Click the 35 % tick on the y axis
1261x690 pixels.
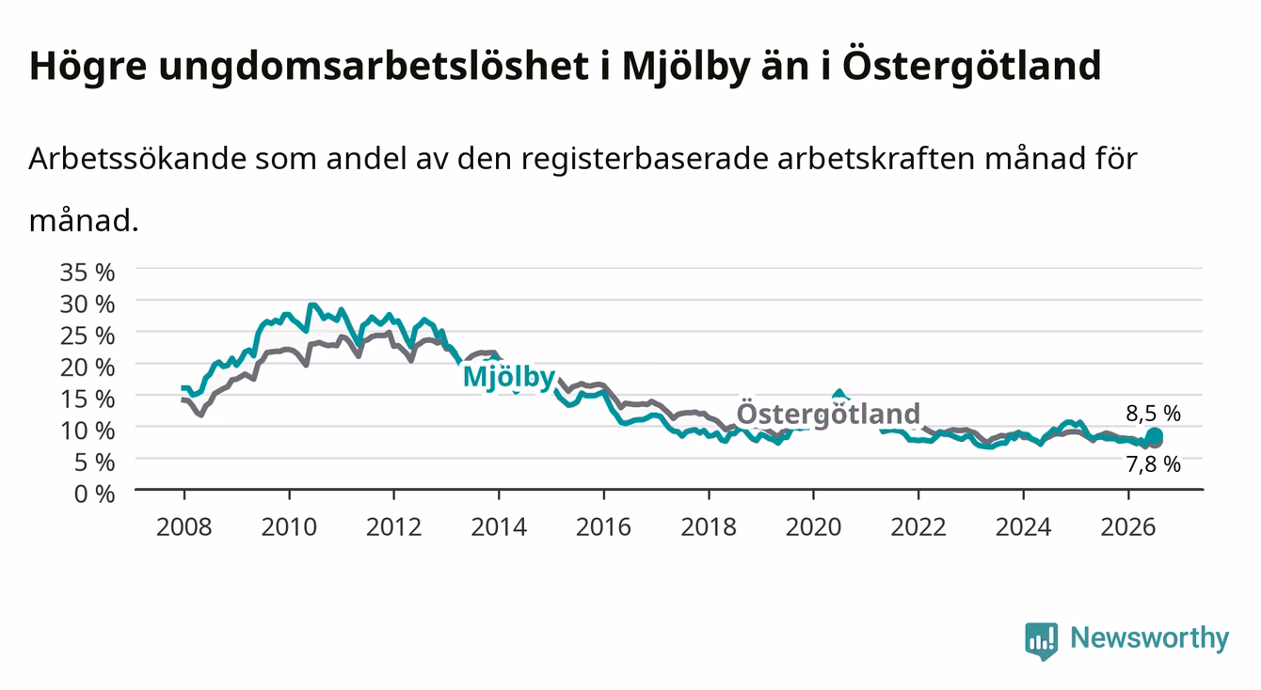(x=88, y=273)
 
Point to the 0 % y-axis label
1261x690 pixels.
(x=94, y=494)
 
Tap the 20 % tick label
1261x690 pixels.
(x=88, y=368)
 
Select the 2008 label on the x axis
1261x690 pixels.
(x=184, y=527)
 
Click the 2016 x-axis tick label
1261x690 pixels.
(x=603, y=527)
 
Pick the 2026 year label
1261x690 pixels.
(x=1128, y=527)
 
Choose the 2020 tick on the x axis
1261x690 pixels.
(x=813, y=527)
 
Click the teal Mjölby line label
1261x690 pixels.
(x=509, y=377)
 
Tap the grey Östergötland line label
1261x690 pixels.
(x=828, y=414)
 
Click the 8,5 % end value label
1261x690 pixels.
(x=1153, y=414)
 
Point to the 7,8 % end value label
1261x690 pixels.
(x=1153, y=464)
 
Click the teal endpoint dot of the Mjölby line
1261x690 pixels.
(x=1155, y=436)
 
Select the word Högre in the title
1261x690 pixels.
(x=88, y=67)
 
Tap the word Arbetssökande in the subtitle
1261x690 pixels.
(x=137, y=159)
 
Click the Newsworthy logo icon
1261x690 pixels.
(x=1042, y=641)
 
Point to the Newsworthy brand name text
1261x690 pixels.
(x=1150, y=639)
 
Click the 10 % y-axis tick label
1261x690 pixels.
(x=88, y=431)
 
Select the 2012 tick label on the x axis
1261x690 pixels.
(x=393, y=527)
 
